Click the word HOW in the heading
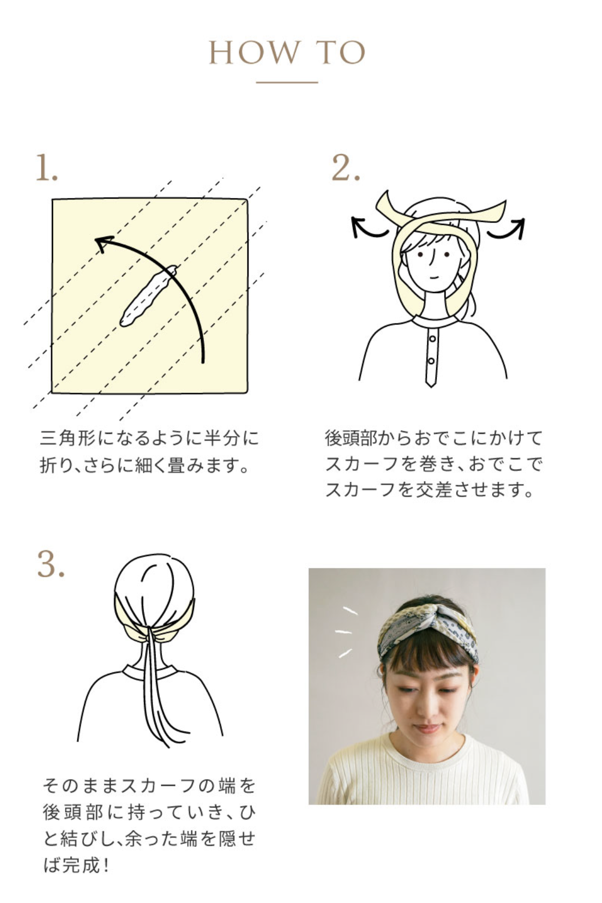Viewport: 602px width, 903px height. tap(254, 52)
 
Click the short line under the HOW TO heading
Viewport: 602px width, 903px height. tap(287, 82)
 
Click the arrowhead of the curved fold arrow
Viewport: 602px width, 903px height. tap(103, 243)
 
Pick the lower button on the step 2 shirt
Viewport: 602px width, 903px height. tap(431, 361)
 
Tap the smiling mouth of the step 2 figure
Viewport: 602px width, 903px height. tap(435, 276)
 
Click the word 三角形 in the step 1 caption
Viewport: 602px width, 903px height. tap(68, 438)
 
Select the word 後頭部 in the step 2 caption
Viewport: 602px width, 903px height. tap(351, 438)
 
